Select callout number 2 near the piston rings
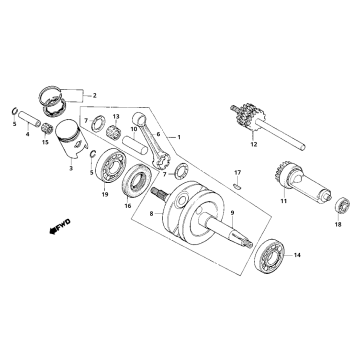pos(95,95)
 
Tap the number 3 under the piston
pos(71,169)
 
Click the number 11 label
pos(283,202)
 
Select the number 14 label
pos(296,257)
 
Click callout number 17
pos(238,174)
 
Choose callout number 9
pos(232,213)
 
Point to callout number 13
pos(116,117)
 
